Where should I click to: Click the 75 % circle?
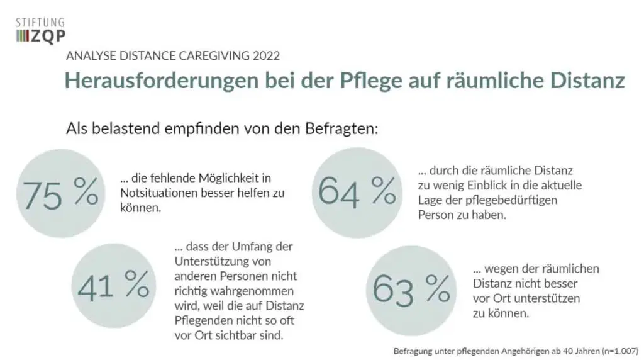[60, 193]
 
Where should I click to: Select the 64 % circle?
[356, 191]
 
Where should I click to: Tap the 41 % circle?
[113, 286]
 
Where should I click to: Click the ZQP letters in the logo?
[49, 37]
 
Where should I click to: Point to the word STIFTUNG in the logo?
[40, 23]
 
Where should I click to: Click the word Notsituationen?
[157, 193]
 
